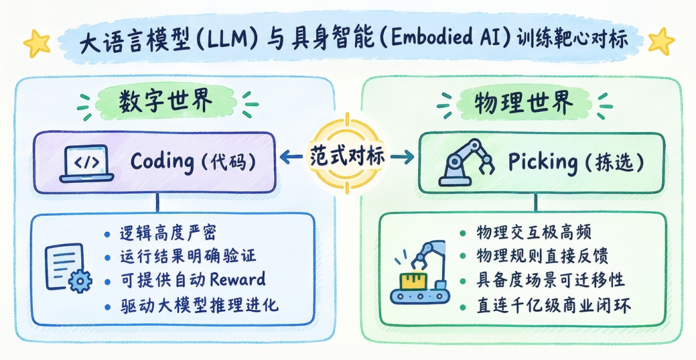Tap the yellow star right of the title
pos(661,41)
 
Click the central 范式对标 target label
pos(348,156)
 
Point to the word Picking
pos(543,163)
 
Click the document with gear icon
pos(68,268)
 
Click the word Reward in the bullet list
pos(238,279)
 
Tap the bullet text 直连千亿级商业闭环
pos(554,306)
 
